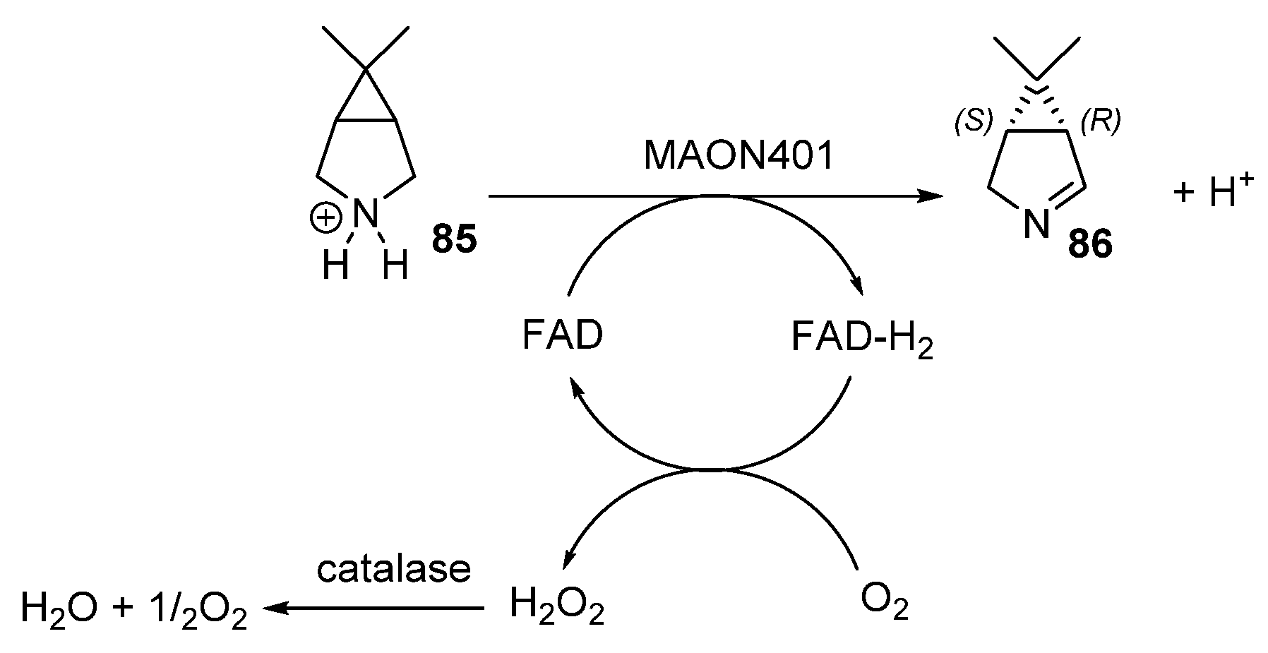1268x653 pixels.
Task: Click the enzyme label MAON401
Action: [738, 157]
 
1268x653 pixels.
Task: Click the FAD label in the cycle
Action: [563, 336]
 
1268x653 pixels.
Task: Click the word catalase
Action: [393, 569]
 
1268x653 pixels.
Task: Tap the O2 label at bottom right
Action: [884, 606]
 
